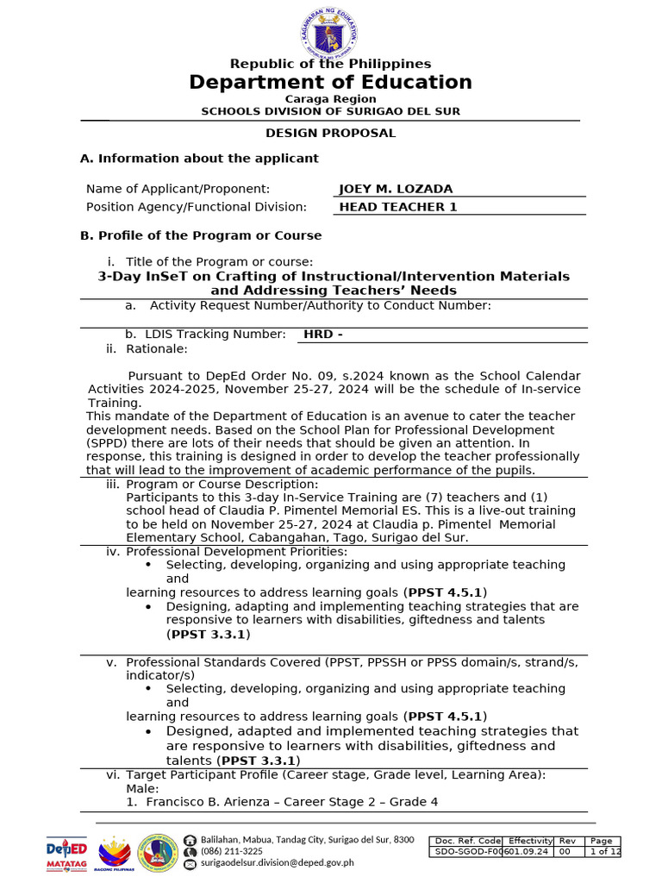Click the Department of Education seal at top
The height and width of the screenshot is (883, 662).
pos(330,33)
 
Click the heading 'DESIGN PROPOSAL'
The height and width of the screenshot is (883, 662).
pos(330,133)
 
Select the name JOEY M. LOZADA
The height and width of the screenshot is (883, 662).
pos(396,189)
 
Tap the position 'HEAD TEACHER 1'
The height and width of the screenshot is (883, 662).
pos(398,207)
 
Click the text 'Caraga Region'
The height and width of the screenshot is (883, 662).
pos(330,99)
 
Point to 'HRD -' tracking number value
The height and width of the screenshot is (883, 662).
pos(323,334)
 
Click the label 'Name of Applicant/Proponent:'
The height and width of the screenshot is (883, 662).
pos(178,189)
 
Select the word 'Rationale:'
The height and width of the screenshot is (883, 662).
pos(156,348)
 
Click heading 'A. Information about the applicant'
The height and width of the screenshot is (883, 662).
pos(199,159)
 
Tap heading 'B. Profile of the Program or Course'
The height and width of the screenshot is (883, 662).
pos(201,235)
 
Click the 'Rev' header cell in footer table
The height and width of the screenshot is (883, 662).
pos(567,841)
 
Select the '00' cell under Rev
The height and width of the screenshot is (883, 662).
pos(566,852)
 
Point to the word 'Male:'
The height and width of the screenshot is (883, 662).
pos(142,788)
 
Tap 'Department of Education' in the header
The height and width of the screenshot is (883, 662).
pos(330,82)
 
